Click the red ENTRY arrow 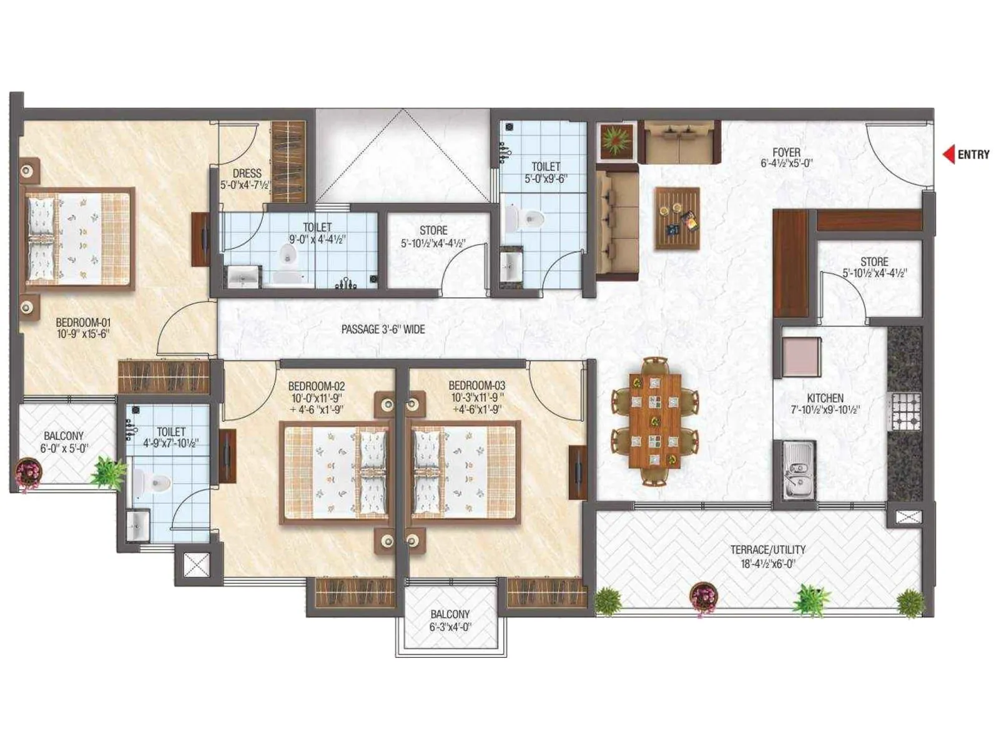coord(948,154)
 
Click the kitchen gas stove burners coord(905,411)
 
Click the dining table coord(654,421)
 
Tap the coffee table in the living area coord(677,218)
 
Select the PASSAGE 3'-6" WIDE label coord(383,329)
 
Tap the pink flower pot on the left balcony coord(29,472)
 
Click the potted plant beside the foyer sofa coord(616,140)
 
